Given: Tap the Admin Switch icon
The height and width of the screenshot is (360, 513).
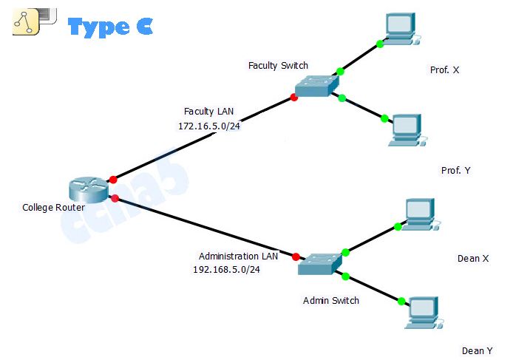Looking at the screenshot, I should pyautogui.click(x=320, y=264).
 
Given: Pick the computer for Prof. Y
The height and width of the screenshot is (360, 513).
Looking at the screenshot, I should pyautogui.click(x=405, y=129).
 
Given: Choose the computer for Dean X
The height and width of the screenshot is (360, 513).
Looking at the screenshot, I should pyautogui.click(x=418, y=213).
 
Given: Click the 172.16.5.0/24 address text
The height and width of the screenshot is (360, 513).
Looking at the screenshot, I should pyautogui.click(x=209, y=126).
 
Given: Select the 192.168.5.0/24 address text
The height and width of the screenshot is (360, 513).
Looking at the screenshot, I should pyautogui.click(x=226, y=270).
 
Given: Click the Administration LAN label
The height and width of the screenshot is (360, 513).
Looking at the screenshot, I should pyautogui.click(x=238, y=256).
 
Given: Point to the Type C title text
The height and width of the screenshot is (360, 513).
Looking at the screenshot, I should pyautogui.click(x=110, y=27).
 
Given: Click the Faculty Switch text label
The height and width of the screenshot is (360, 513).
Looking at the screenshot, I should pyautogui.click(x=278, y=66).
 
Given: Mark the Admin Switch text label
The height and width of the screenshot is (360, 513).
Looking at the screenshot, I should pyautogui.click(x=331, y=301).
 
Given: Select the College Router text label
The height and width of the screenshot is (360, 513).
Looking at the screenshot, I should pyautogui.click(x=53, y=208).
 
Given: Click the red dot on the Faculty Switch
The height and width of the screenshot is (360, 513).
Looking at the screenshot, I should pyautogui.click(x=294, y=98).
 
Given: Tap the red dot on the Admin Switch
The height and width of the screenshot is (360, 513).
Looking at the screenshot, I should pyautogui.click(x=296, y=257).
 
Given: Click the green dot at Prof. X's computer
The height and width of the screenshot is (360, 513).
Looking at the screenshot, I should pyautogui.click(x=380, y=44).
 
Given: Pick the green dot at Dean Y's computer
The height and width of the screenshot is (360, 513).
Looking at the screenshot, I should pyautogui.click(x=401, y=302).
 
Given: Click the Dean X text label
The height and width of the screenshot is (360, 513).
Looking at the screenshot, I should pyautogui.click(x=473, y=259).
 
